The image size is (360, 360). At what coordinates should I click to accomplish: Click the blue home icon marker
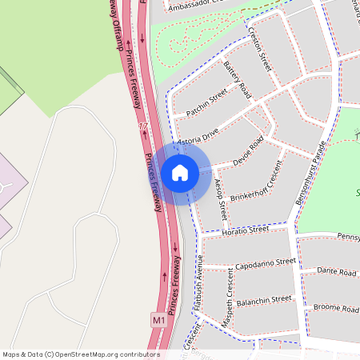[x=180, y=172]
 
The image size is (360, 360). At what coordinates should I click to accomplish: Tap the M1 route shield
[x=158, y=320]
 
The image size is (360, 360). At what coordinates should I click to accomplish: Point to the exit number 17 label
[x=143, y=128]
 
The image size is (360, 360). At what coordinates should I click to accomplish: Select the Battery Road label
[x=238, y=80]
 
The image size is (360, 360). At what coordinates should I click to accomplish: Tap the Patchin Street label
[x=207, y=103]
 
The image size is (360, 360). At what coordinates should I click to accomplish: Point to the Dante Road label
[x=336, y=272]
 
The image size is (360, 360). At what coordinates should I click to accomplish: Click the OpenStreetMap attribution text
[x=81, y=354]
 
